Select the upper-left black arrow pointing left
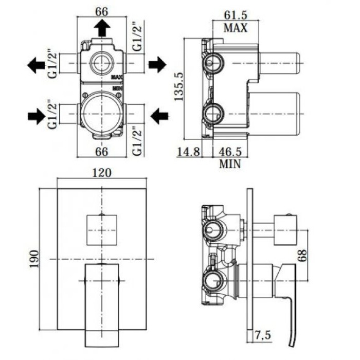pos(36,65)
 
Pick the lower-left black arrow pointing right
pos(36,116)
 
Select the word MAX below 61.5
pos(236,28)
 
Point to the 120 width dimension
pos(102,173)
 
